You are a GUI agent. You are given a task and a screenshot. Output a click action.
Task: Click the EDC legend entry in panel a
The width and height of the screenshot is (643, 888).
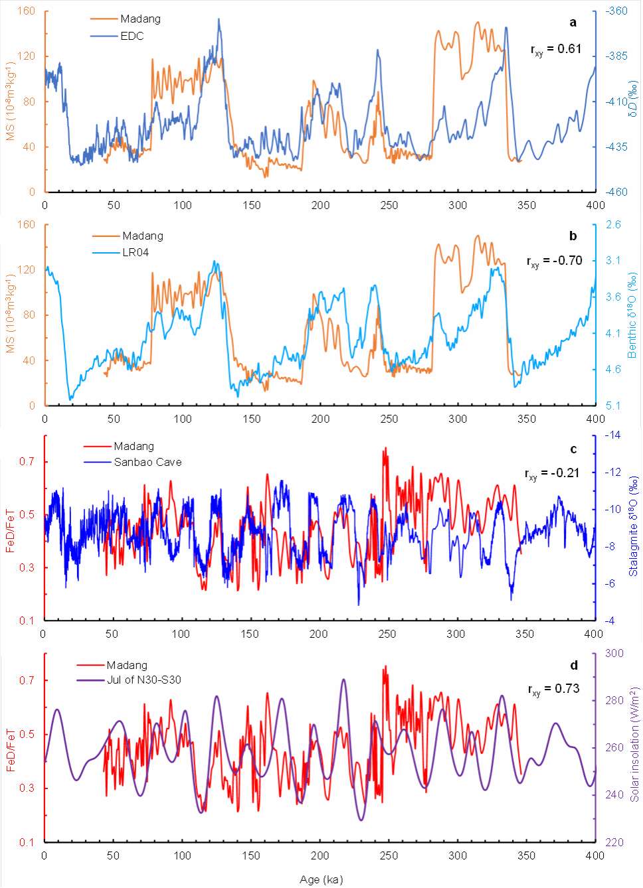(x=132, y=36)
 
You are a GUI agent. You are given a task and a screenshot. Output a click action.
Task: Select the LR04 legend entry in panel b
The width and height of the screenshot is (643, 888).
(x=135, y=252)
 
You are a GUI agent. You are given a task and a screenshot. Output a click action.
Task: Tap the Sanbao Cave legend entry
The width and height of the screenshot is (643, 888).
(x=147, y=462)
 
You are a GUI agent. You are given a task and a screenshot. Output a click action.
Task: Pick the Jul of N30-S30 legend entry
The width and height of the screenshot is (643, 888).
(x=143, y=680)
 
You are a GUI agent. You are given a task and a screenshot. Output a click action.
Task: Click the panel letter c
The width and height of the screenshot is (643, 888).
(x=573, y=449)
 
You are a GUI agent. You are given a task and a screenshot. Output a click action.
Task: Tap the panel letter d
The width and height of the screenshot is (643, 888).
(x=574, y=665)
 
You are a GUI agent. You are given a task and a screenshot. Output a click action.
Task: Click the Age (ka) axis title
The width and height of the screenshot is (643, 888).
(x=321, y=879)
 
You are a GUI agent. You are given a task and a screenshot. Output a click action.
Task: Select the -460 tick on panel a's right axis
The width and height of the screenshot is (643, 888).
(x=617, y=192)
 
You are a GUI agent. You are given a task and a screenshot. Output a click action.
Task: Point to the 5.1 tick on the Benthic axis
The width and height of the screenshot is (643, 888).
(x=613, y=406)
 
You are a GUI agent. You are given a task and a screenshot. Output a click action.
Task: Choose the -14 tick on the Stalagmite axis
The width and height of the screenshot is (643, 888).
(x=612, y=435)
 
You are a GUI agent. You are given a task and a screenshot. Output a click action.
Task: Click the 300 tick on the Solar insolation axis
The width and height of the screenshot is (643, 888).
(x=614, y=653)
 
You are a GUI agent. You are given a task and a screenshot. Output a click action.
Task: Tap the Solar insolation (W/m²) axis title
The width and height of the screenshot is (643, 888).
(x=635, y=743)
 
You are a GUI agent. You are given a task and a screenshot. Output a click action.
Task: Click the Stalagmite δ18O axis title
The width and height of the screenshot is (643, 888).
(x=634, y=526)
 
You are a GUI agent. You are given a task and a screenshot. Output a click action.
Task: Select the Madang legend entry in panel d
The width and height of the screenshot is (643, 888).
(x=126, y=665)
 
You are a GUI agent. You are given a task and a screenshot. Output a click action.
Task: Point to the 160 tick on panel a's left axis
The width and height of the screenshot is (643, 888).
(x=27, y=11)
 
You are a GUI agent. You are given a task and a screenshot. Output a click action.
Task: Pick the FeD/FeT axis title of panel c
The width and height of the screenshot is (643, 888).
(x=10, y=531)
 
